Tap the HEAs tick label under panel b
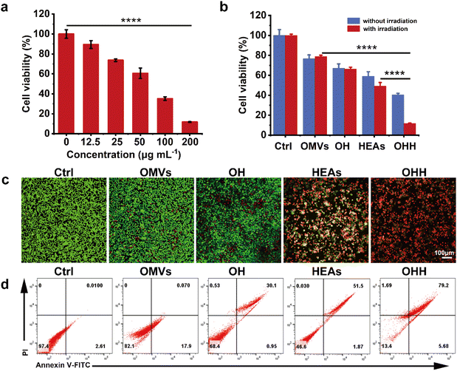point(378,146)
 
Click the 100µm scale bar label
point(444,253)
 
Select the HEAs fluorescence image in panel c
point(324,216)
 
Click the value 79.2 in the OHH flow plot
point(439,285)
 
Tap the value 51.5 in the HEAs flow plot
point(354,285)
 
